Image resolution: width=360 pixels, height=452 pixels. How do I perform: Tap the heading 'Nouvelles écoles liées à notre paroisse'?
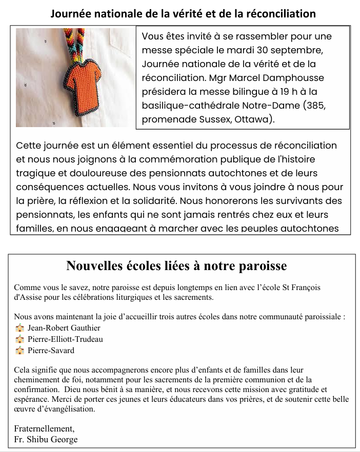click(176, 265)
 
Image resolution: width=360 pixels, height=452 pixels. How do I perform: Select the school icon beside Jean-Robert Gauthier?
click(20, 328)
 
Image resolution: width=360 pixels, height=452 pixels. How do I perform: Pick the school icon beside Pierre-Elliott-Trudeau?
click(20, 339)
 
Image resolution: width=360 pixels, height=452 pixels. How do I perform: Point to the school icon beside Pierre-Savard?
click(20, 351)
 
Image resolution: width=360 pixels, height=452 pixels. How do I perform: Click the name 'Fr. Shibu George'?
click(46, 439)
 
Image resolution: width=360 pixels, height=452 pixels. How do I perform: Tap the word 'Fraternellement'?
click(44, 429)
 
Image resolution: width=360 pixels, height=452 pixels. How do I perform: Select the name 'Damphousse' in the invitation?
click(294, 78)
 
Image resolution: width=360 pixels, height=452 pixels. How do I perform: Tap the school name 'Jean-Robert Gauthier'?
click(64, 328)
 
